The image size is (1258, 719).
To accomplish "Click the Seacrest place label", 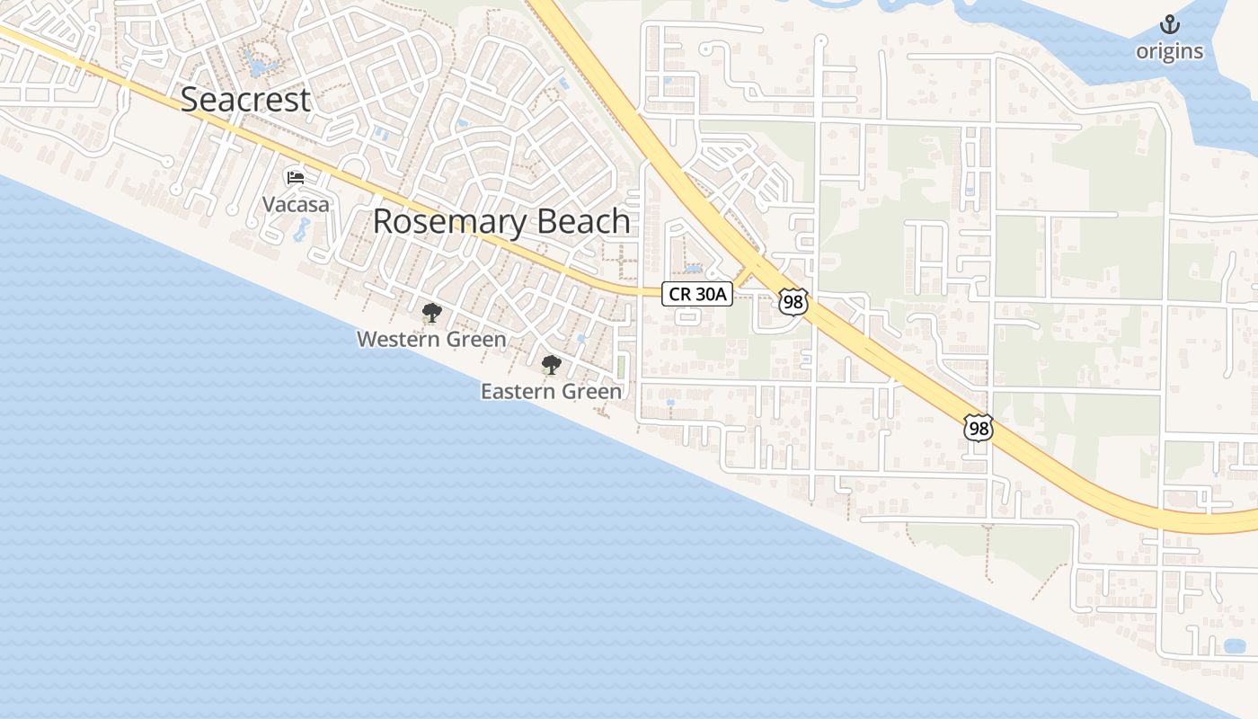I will click(245, 100).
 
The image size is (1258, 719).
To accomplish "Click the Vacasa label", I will click(296, 205).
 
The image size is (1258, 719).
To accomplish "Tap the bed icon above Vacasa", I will click(295, 176).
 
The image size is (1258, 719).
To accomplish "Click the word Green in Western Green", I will click(475, 340).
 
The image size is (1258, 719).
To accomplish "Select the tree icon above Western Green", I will click(431, 313).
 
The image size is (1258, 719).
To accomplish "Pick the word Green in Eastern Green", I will click(592, 392).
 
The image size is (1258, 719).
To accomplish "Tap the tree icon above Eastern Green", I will click(551, 365).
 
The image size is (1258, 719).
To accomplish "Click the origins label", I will click(1169, 51).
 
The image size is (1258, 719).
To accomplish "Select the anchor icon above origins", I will click(1169, 24).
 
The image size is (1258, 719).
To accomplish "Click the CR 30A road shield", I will click(697, 294).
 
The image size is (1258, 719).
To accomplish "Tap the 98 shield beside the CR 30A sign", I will click(793, 302).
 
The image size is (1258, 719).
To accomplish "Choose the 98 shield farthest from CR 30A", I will click(978, 428).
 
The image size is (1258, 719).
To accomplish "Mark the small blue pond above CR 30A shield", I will click(693, 268).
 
